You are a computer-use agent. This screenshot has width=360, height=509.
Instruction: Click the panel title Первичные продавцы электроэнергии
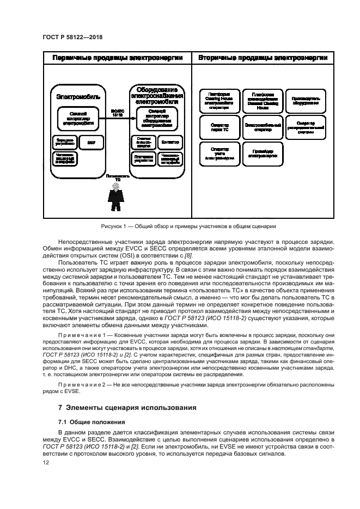117,58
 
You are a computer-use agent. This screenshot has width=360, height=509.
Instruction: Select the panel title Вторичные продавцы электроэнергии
263,58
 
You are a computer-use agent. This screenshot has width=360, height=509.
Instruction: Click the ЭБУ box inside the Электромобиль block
90,142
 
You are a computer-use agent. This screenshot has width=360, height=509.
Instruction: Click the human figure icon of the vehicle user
114,197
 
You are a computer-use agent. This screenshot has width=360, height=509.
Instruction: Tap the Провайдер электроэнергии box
263,153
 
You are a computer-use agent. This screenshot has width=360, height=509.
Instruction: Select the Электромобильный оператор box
263,127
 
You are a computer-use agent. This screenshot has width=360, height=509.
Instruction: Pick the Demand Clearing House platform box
263,100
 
